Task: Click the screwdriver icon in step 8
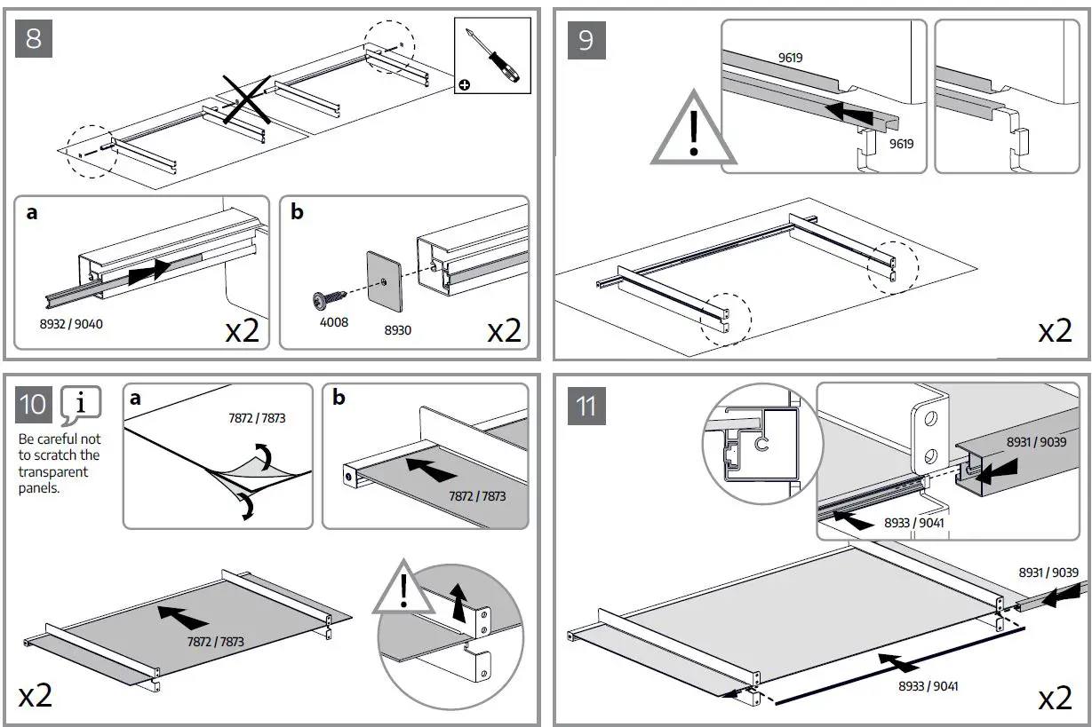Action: (492, 54)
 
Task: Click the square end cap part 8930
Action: (383, 281)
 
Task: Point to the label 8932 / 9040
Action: (72, 323)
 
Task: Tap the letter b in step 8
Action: (297, 212)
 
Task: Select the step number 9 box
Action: (586, 41)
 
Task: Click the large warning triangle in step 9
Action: (694, 132)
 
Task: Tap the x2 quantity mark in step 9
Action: (1055, 331)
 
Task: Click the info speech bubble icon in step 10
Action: (81, 404)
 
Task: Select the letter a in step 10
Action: (135, 399)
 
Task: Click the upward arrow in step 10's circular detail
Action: (458, 603)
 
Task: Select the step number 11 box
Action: (586, 406)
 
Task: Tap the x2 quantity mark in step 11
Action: (1055, 698)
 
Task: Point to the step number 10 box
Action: (34, 405)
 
